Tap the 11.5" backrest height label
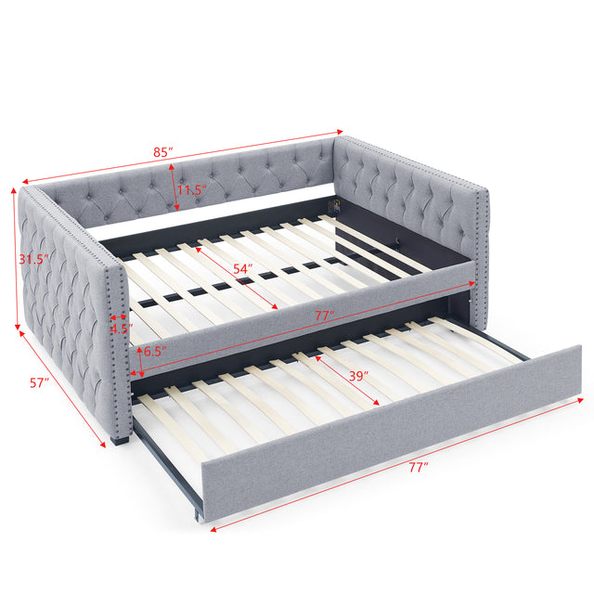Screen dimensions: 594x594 pyautogui.click(x=191, y=190)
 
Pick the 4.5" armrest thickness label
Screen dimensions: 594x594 pyautogui.click(x=121, y=328)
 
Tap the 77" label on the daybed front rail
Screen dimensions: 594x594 pyautogui.click(x=324, y=316)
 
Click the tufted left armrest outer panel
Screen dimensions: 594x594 pyautogui.click(x=65, y=306)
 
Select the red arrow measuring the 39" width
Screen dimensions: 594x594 pyautogui.click(x=340, y=381)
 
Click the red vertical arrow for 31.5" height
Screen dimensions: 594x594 pyautogui.click(x=15, y=260)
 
